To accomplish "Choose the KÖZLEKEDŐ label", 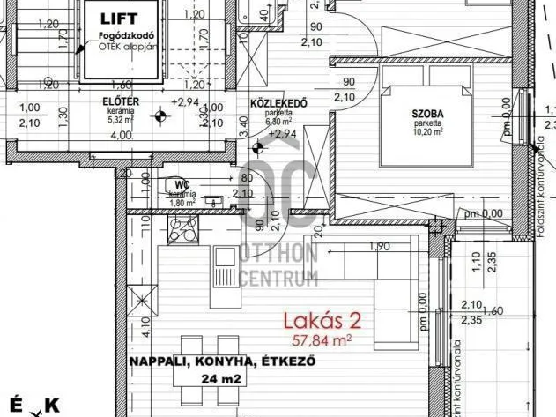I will [x=278, y=103].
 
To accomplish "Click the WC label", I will [x=182, y=184].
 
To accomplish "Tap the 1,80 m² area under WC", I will [x=182, y=202].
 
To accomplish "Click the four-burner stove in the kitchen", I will [x=184, y=232].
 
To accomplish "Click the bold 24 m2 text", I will [x=208, y=379].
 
